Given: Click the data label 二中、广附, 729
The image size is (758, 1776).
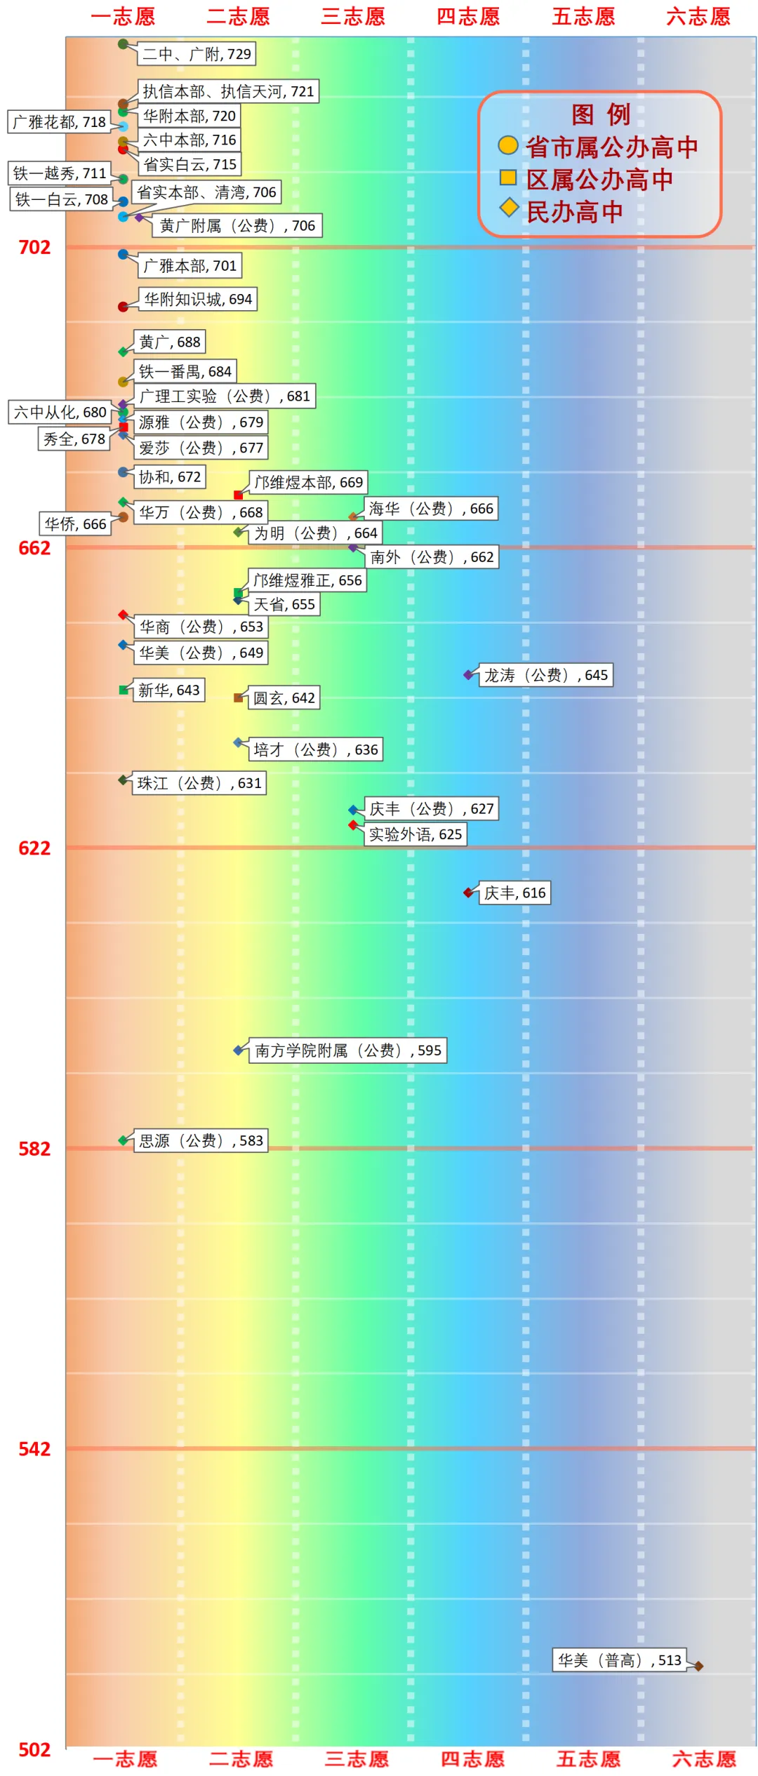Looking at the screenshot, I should click(x=197, y=54).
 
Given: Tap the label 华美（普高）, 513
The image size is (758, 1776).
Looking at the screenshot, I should click(x=619, y=1660).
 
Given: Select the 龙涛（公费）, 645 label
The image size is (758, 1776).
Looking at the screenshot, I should click(x=545, y=675).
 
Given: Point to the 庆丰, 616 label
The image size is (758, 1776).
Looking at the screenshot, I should click(x=514, y=893).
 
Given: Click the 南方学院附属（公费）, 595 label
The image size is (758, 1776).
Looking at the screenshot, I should click(x=347, y=1050).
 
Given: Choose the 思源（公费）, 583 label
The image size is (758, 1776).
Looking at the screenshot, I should click(x=201, y=1140).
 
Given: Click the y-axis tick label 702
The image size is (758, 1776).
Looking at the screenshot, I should click(x=34, y=248).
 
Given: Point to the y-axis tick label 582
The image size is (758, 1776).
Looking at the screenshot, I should click(x=34, y=1149).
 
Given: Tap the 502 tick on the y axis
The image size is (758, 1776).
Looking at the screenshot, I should click(x=34, y=1749).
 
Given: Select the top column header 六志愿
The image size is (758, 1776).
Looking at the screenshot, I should click(x=698, y=16).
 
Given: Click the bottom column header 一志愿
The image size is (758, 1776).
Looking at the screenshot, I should click(x=125, y=1759).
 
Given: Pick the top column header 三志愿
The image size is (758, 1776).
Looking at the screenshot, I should click(x=353, y=16).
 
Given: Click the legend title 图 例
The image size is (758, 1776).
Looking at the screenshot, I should click(x=601, y=114).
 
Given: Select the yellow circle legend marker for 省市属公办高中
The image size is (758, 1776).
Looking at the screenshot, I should click(x=508, y=145).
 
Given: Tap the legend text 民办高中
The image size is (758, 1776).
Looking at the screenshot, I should click(x=575, y=212).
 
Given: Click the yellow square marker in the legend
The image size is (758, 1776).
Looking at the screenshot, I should click(x=508, y=178).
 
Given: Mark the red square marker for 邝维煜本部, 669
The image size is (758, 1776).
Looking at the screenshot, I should click(x=238, y=495).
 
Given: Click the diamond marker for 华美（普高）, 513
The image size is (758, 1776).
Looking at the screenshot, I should click(x=698, y=1666).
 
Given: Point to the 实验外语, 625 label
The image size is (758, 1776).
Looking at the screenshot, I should click(x=415, y=834).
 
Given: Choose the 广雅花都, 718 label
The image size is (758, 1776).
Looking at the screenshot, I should click(x=60, y=122).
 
